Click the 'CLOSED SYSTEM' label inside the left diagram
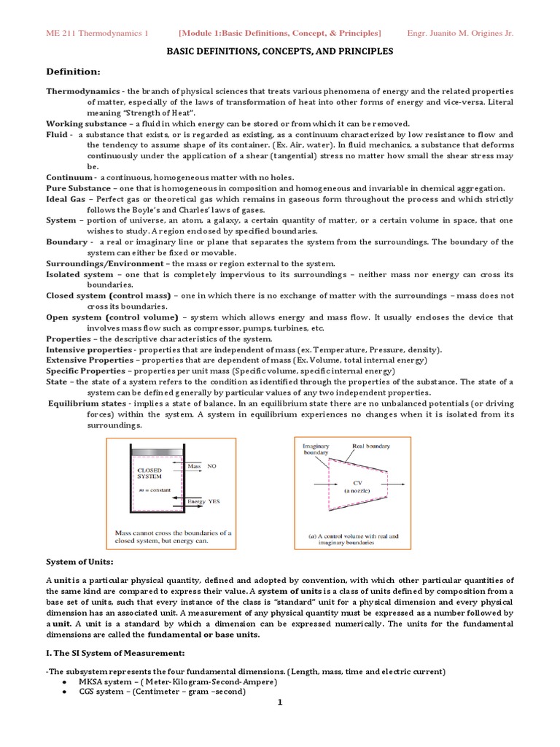149,474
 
